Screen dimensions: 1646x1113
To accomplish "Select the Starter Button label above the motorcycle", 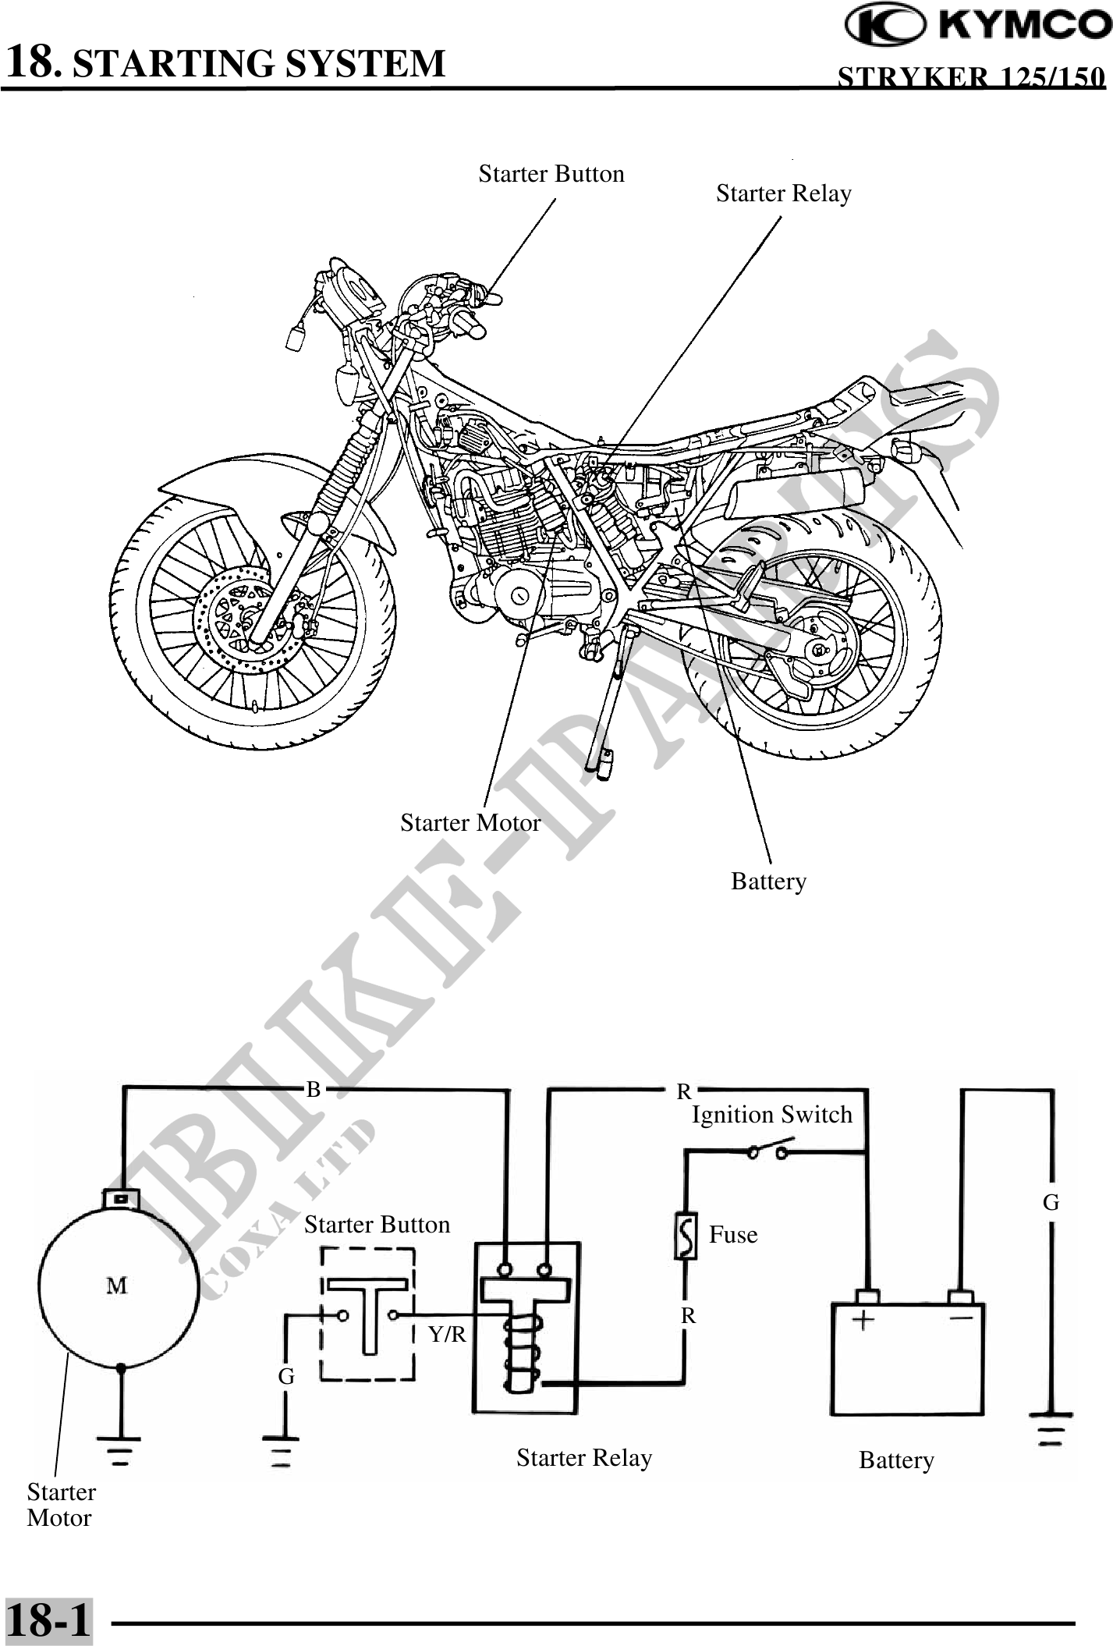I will pyautogui.click(x=551, y=174).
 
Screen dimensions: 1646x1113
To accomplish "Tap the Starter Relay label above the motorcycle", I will pyautogui.click(x=783, y=193).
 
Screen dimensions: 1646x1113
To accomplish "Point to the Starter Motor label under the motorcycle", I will pyautogui.click(x=470, y=823).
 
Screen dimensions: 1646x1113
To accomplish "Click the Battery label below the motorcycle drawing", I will pyautogui.click(x=768, y=882).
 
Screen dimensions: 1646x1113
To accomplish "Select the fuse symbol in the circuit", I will pyautogui.click(x=686, y=1236).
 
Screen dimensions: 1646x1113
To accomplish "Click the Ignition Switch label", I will pyautogui.click(x=772, y=1115).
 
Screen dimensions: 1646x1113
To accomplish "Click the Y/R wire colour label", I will pyautogui.click(x=447, y=1335).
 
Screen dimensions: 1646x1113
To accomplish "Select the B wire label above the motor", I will pyautogui.click(x=314, y=1090).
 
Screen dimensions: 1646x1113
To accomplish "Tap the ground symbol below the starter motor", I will pyautogui.click(x=120, y=1448).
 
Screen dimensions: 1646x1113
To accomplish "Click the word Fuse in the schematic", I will pyautogui.click(x=733, y=1235).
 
